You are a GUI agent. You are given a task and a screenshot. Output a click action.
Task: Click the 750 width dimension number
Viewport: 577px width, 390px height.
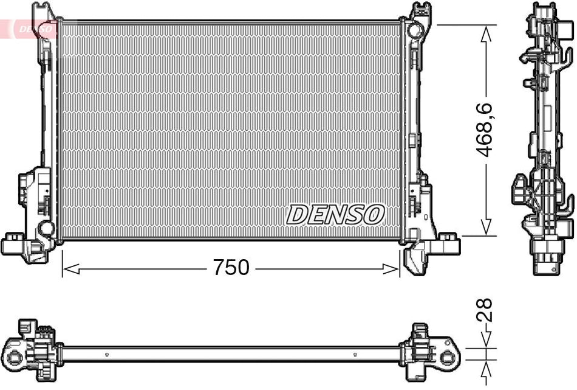tap(231, 267)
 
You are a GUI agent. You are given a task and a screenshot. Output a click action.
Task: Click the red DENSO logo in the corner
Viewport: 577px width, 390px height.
tap(33, 28)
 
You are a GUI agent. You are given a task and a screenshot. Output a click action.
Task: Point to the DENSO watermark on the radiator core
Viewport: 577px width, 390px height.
tap(335, 214)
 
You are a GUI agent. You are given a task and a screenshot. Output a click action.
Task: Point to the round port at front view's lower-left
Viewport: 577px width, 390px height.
tap(46, 229)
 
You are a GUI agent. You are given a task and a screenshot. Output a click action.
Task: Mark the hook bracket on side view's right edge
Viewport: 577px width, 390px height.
tap(566, 206)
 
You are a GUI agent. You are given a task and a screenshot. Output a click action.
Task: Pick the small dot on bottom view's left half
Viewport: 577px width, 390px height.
tap(107, 355)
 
